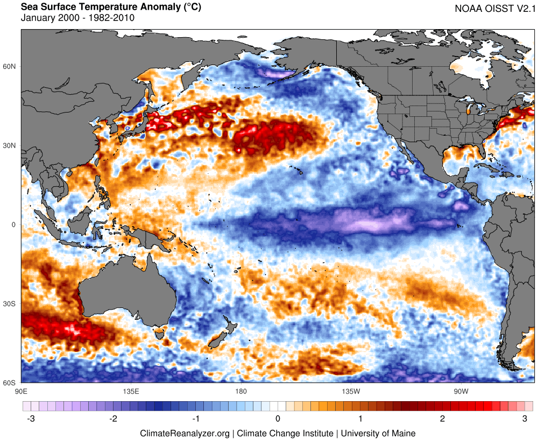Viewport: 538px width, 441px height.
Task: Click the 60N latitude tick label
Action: (10, 67)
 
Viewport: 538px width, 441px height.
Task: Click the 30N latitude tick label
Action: (10, 146)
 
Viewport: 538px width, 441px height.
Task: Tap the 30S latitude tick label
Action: (10, 304)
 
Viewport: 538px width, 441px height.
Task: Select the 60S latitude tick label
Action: (10, 383)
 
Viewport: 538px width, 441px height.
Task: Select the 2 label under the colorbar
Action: (443, 419)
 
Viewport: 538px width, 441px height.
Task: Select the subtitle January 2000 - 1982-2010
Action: (77, 18)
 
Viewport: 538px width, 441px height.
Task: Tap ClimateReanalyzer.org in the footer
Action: (185, 433)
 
